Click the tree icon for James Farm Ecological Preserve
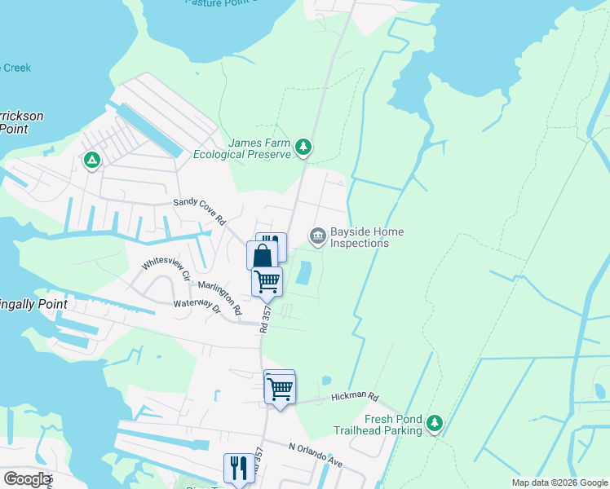click(x=304, y=147)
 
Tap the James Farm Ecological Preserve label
click(x=259, y=148)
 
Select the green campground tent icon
click(x=92, y=160)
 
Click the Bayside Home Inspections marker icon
click(x=317, y=236)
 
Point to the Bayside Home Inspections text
click(x=360, y=238)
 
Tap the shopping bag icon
click(x=263, y=256)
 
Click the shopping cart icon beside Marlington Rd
click(x=267, y=281)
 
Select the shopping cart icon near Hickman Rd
click(x=280, y=389)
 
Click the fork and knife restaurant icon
click(x=238, y=468)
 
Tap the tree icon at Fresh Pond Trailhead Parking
click(x=435, y=422)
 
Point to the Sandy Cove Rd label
click(x=199, y=211)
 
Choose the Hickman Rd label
click(x=355, y=398)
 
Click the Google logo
click(x=26, y=479)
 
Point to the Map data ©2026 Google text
click(x=558, y=482)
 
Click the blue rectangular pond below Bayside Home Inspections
click(x=303, y=273)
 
